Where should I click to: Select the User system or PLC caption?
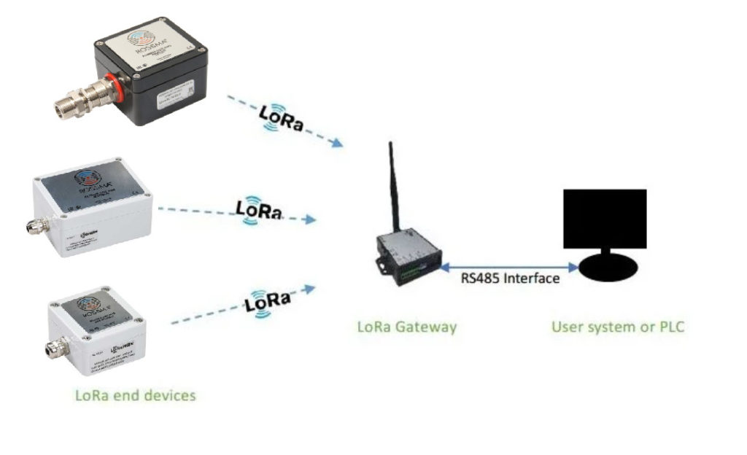[x=617, y=327]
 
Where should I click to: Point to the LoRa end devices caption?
[x=136, y=395]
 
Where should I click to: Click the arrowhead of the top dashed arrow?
[x=337, y=144]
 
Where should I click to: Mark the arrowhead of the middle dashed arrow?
[x=312, y=219]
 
